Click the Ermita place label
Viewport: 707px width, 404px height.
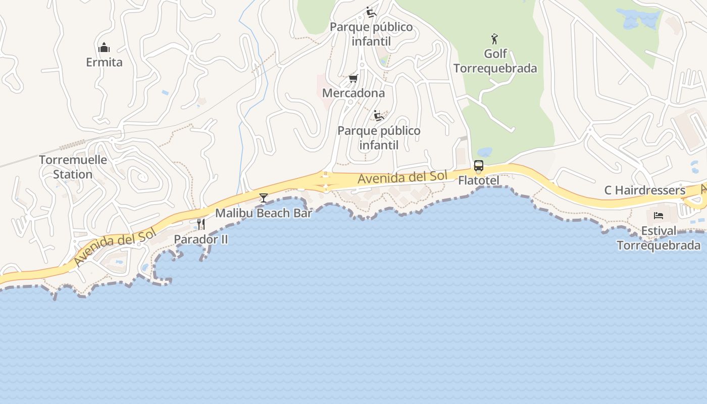point(104,62)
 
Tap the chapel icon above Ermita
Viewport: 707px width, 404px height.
point(104,47)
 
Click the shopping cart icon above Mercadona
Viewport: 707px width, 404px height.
point(353,78)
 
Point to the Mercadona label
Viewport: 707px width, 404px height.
point(353,93)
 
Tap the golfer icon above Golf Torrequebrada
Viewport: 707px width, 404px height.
point(494,38)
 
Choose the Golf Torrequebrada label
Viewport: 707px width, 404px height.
point(495,61)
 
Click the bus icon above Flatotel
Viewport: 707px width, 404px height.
point(478,166)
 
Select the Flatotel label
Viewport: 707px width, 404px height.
point(479,180)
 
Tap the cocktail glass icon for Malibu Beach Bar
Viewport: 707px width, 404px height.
point(263,197)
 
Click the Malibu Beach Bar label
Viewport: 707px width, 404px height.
point(264,213)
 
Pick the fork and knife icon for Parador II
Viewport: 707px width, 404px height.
point(201,224)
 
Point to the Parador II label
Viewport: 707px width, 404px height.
point(201,239)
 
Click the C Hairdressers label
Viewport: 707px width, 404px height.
point(645,190)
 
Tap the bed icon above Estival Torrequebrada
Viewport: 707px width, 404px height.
point(659,216)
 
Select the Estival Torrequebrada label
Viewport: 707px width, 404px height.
point(659,238)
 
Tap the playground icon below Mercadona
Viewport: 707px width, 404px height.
point(379,116)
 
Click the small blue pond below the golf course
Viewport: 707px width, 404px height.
point(485,152)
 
